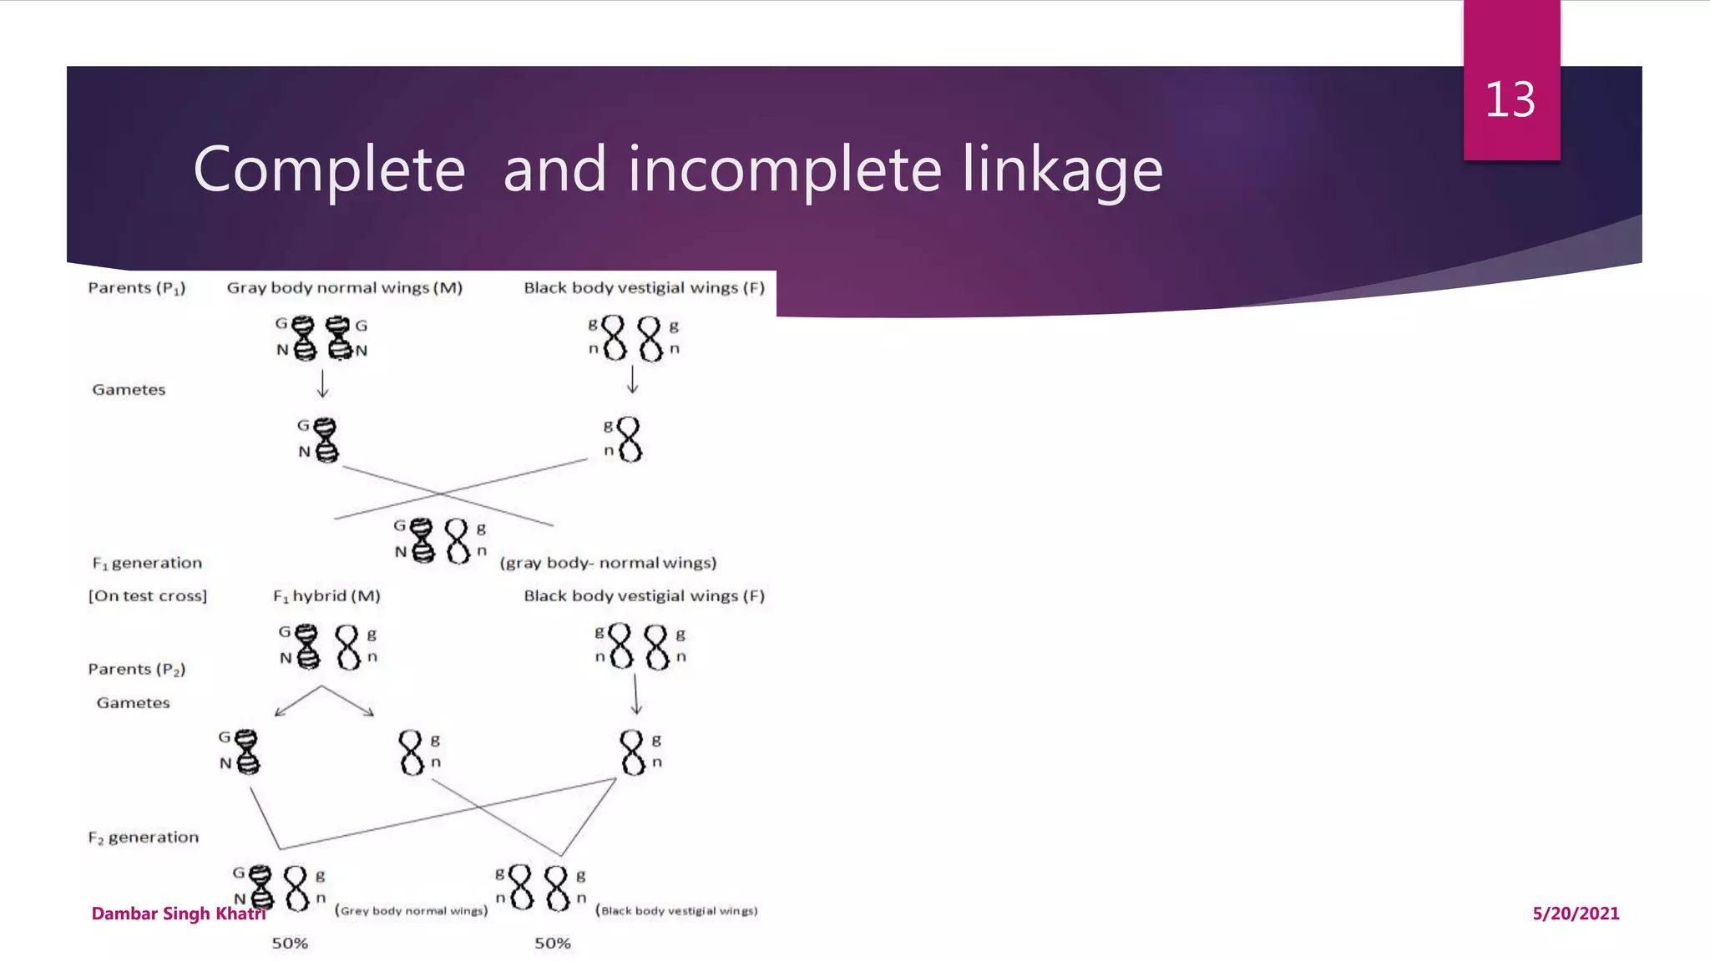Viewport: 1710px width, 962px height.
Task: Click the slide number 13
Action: (1510, 100)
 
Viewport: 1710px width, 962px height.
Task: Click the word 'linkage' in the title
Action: (1062, 170)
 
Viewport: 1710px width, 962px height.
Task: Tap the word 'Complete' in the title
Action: (329, 170)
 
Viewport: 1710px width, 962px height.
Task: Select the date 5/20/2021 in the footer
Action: (1576, 914)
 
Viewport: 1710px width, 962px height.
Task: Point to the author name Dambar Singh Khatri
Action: (178, 914)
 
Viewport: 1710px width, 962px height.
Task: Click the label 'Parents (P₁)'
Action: (137, 288)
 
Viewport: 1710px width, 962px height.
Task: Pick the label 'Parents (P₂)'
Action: (137, 669)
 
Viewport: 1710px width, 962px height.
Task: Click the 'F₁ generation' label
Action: (147, 563)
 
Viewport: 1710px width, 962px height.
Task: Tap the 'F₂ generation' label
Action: (144, 838)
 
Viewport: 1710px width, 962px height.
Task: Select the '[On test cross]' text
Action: (148, 596)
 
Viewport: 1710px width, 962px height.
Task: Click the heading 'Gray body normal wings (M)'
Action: (344, 288)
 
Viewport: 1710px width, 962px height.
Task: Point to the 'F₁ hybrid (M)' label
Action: (326, 596)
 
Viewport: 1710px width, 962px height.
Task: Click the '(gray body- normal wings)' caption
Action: (608, 563)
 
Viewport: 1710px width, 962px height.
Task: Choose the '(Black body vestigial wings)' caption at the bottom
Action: (676, 911)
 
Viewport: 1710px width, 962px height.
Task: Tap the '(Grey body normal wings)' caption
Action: (411, 911)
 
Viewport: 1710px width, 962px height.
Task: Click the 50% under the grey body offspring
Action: (290, 944)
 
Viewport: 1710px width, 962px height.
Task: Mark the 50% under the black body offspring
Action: (553, 944)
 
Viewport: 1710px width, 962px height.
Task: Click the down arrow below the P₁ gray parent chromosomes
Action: (323, 383)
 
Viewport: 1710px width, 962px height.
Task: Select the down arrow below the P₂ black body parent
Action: (636, 694)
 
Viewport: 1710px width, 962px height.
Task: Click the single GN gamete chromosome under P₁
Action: (324, 440)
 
